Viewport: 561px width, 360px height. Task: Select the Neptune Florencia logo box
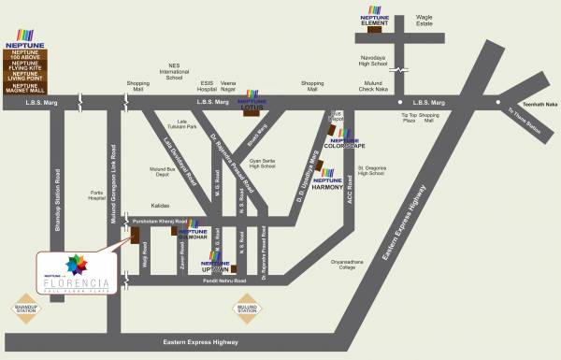(82, 277)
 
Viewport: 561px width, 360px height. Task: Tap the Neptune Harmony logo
(328, 180)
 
